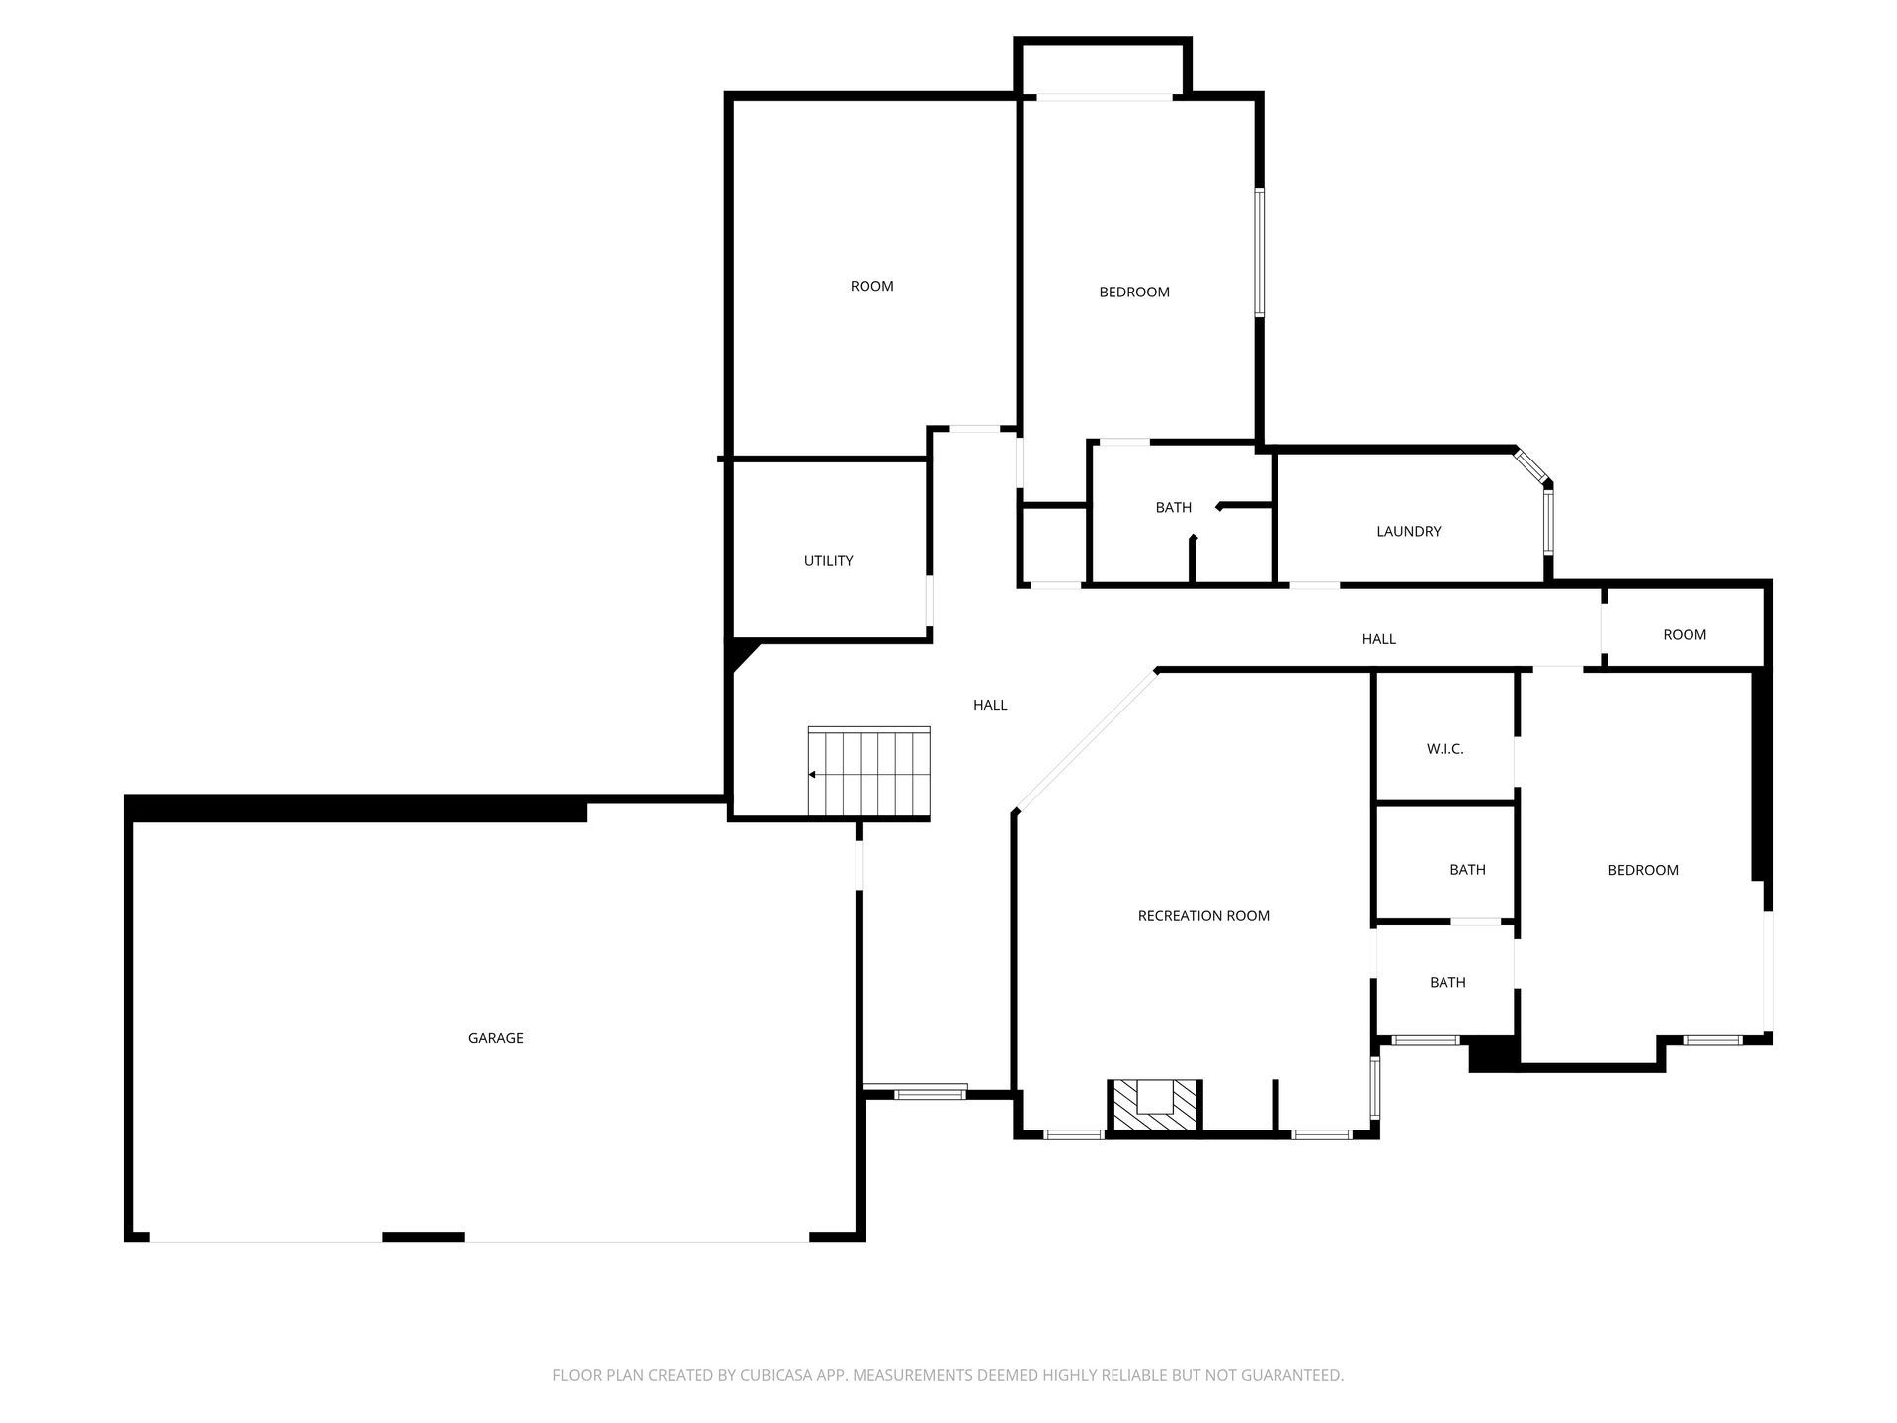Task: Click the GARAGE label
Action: click(x=495, y=1038)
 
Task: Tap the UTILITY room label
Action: click(x=828, y=561)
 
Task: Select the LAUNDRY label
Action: click(x=1408, y=532)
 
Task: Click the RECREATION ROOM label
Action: click(x=1203, y=916)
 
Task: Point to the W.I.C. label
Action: click(x=1444, y=749)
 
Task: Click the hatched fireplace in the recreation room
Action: click(x=1153, y=1105)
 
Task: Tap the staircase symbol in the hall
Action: click(x=869, y=773)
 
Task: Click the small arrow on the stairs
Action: click(x=812, y=775)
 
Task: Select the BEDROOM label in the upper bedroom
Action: click(x=1134, y=293)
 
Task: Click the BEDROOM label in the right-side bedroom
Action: click(x=1642, y=870)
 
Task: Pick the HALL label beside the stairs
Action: click(x=990, y=705)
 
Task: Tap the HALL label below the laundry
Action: click(x=1378, y=639)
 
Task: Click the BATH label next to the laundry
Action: click(x=1173, y=508)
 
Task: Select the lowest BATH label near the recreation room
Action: click(x=1447, y=982)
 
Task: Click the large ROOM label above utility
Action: click(x=871, y=287)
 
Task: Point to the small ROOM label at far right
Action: click(x=1684, y=635)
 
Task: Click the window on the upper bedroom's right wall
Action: click(x=1260, y=252)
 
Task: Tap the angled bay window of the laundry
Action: click(x=1532, y=467)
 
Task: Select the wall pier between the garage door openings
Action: click(x=423, y=1237)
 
